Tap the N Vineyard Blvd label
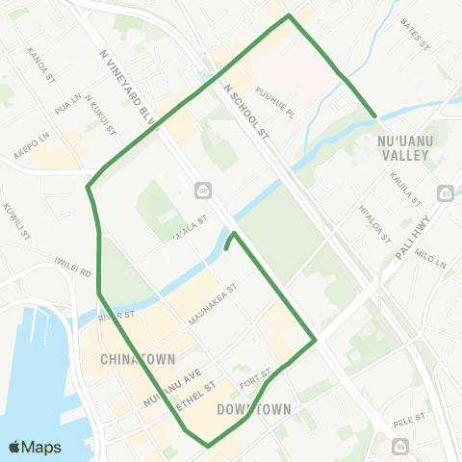pos(128,85)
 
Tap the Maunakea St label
pos(214,303)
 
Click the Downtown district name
pos(254,409)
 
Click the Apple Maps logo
pos(35,448)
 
